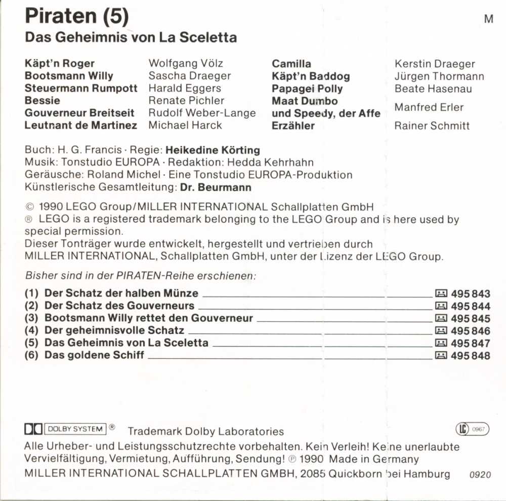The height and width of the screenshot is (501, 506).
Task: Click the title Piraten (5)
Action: click(77, 16)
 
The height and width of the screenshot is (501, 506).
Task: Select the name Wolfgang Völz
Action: click(186, 63)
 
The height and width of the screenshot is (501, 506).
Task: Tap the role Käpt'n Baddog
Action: click(311, 76)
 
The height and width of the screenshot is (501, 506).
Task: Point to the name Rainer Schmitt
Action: click(432, 126)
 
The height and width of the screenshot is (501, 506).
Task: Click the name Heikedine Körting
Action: click(213, 150)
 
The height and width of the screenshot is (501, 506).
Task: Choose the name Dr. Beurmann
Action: click(216, 187)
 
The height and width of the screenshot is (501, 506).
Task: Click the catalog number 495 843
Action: click(470, 294)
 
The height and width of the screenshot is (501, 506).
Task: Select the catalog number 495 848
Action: click(470, 356)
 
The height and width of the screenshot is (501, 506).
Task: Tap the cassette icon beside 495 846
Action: click(441, 331)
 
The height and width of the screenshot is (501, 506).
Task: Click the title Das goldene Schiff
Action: click(94, 355)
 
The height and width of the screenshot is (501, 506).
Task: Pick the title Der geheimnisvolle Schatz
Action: click(114, 330)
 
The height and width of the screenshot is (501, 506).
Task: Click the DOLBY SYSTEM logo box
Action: click(76, 429)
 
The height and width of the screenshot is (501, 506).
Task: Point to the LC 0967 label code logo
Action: click(473, 430)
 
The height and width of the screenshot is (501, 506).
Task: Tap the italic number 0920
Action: click(480, 475)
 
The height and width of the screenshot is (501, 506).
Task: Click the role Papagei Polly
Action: click(307, 89)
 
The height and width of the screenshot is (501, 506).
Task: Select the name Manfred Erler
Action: click(429, 107)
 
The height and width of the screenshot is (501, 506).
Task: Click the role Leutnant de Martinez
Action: click(81, 126)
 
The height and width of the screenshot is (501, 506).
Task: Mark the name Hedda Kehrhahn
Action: click(270, 162)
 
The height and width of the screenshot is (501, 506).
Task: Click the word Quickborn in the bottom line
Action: click(352, 474)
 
